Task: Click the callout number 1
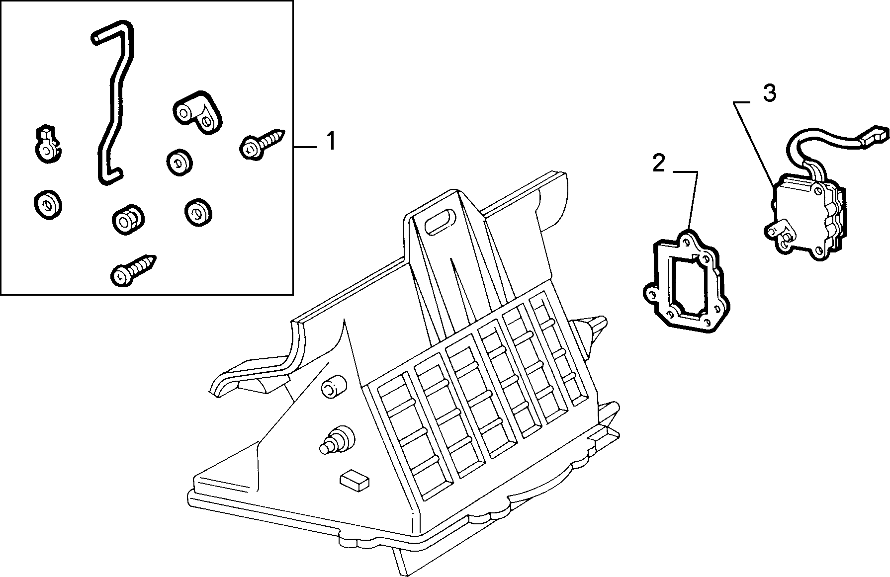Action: [330, 142]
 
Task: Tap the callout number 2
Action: [658, 163]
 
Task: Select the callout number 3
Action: [769, 93]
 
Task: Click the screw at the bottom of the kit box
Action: [134, 270]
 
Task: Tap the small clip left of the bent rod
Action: [47, 144]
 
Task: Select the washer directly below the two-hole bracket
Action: [179, 162]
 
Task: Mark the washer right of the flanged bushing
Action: [198, 212]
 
